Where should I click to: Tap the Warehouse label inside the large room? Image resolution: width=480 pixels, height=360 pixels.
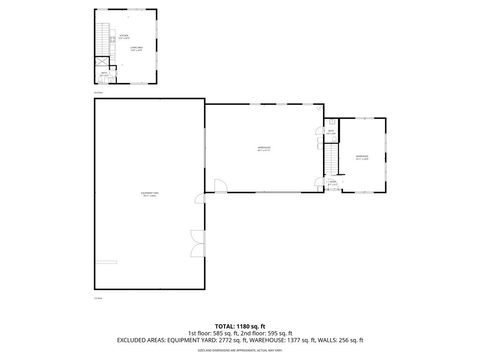[264, 150]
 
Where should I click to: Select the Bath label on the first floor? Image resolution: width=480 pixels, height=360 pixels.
[331, 132]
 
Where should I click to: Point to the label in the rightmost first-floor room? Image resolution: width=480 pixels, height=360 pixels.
[362, 157]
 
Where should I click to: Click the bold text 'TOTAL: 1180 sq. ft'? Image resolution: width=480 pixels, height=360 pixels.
[240, 325]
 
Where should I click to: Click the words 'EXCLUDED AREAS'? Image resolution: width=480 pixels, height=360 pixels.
[143, 340]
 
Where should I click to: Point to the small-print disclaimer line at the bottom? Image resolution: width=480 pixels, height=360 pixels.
[240, 350]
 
